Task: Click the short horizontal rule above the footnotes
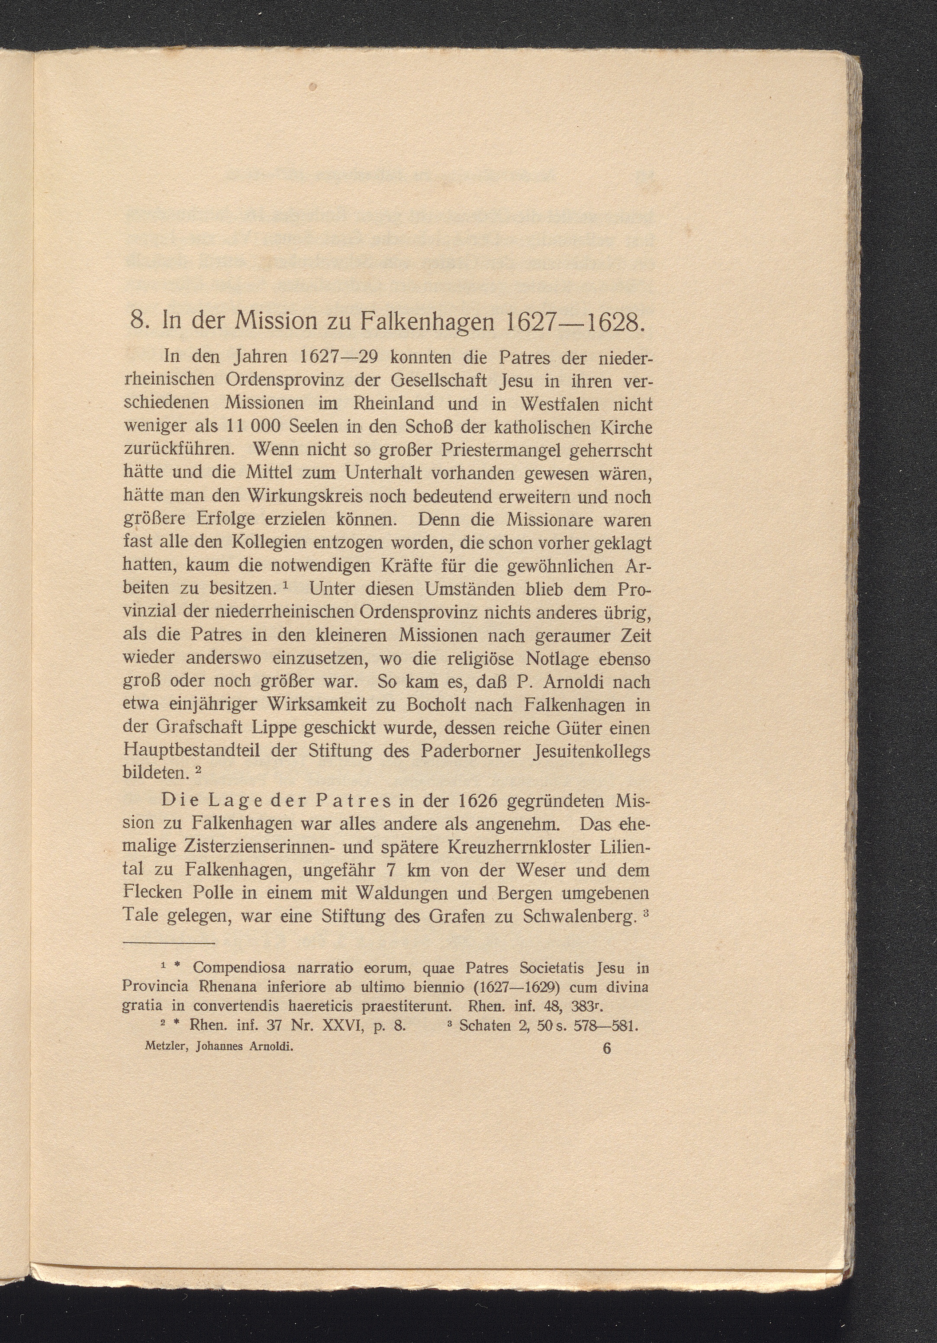coord(169,944)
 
